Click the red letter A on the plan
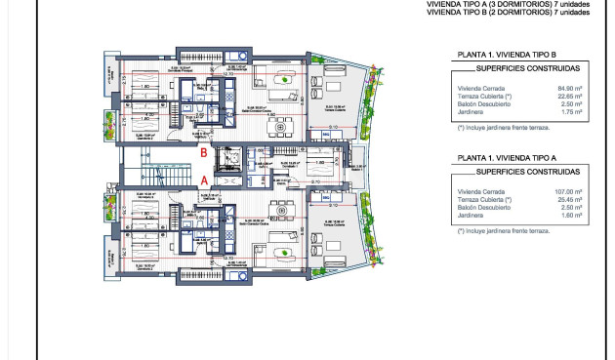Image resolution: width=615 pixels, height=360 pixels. point(202,180)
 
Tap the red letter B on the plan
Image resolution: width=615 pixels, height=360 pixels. point(202,152)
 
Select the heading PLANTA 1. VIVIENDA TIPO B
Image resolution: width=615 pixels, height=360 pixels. point(505,55)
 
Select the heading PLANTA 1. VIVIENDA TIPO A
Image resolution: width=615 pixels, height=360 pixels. point(505,156)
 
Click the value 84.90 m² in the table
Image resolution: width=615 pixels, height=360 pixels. point(570,88)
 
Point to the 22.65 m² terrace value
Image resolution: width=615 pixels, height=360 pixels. point(570,96)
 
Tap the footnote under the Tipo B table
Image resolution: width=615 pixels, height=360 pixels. point(497,128)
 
